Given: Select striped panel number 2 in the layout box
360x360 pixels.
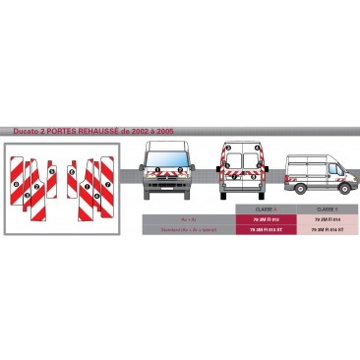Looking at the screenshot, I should coord(37,187).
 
